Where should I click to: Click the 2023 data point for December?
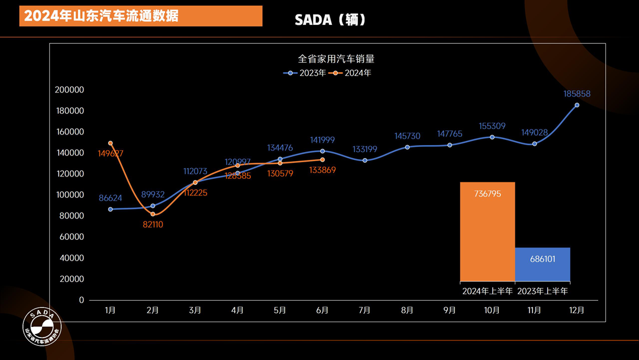[577, 105]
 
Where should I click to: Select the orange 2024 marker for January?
[111, 143]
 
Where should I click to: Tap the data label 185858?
[577, 94]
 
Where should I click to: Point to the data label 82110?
[153, 224]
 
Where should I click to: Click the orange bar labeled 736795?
[488, 231]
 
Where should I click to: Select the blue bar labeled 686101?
[543, 264]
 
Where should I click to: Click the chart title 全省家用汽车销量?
[336, 59]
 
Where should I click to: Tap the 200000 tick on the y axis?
[69, 90]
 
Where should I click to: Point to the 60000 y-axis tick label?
[72, 237]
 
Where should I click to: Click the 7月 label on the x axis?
[364, 310]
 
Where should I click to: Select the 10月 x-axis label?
[492, 310]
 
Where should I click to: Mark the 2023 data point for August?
[407, 147]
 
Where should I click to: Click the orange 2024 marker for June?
[322, 159]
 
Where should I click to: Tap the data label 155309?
[492, 126]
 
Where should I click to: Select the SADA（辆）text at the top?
[331, 20]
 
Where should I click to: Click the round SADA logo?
[42, 329]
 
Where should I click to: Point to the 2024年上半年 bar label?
[488, 291]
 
